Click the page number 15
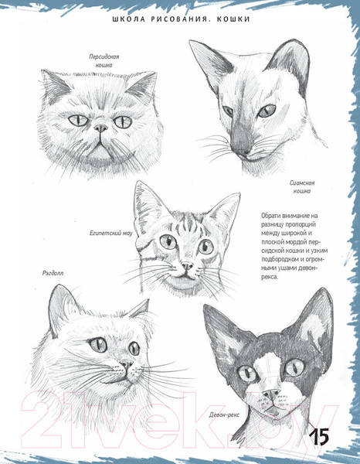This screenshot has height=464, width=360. pos(319,436)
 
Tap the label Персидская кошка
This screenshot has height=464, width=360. pos(104,60)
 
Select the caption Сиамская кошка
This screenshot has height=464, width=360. pos(302,187)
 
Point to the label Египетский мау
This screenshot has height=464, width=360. pos(111,234)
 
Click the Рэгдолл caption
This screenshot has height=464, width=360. pos(53,273)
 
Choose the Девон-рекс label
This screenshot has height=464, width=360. pos(224,415)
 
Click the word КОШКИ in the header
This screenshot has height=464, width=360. pos(233,19)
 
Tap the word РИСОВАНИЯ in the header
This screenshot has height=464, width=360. pos(182,19)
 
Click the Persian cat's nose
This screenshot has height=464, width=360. pos(100,128)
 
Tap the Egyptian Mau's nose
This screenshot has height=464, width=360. pos(187,266)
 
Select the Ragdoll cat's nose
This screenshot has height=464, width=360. pos(127,364)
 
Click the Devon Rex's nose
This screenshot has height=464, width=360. pos(271,394)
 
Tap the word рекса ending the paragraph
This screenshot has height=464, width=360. pos(270,278)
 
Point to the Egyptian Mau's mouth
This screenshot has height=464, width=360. pos(186,276)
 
